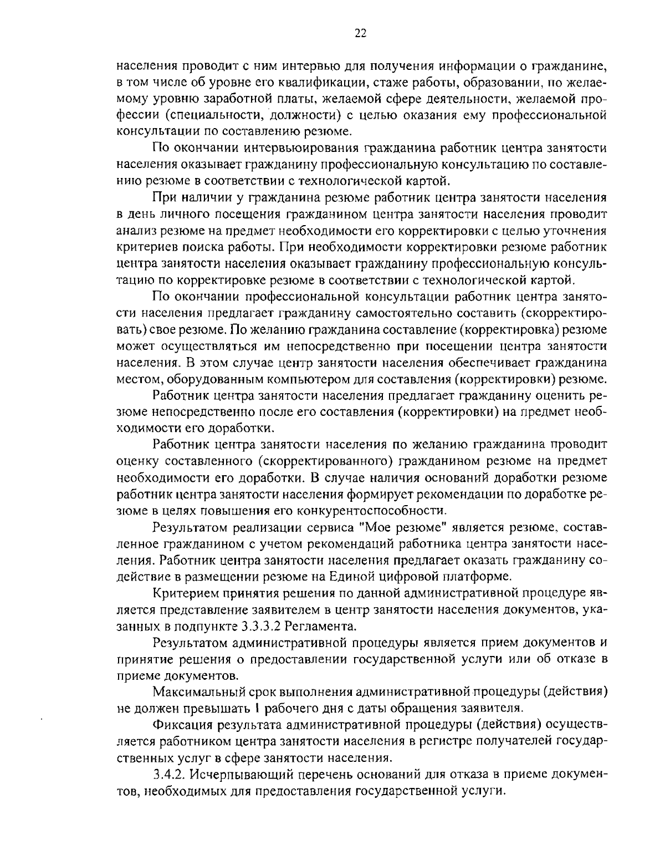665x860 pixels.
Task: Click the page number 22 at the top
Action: [360, 33]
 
